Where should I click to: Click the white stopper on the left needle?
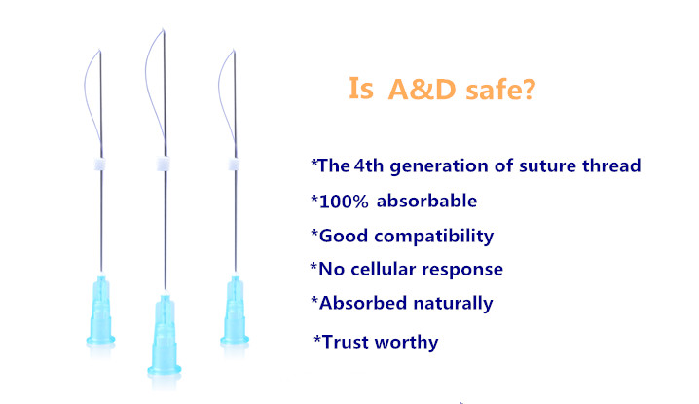(x=100, y=165)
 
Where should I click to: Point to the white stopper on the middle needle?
(x=164, y=164)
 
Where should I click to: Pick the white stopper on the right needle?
(x=234, y=165)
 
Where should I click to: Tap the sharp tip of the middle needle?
(x=164, y=30)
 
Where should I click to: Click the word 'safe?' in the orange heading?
(x=500, y=89)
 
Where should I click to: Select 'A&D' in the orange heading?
(x=422, y=89)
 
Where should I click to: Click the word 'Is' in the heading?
(x=360, y=88)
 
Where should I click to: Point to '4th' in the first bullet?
(x=369, y=165)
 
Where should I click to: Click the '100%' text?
(x=344, y=202)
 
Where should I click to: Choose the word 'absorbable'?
(x=426, y=201)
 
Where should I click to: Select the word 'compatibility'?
(x=434, y=237)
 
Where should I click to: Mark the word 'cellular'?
(x=384, y=269)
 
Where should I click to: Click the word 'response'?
(x=462, y=271)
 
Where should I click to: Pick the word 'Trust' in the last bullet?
(x=346, y=342)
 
